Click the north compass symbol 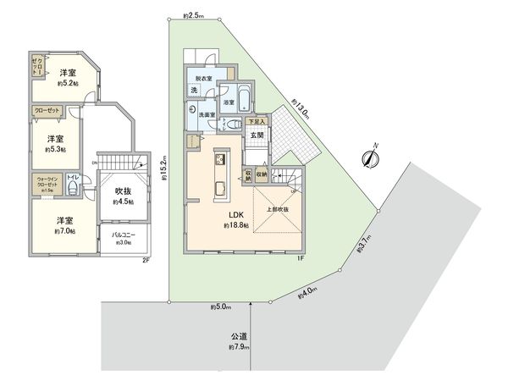(x=370, y=157)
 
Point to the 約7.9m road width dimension (x=238, y=348)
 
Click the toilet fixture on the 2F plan (x=75, y=189)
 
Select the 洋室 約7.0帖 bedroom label (x=62, y=224)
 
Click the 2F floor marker (x=146, y=261)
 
